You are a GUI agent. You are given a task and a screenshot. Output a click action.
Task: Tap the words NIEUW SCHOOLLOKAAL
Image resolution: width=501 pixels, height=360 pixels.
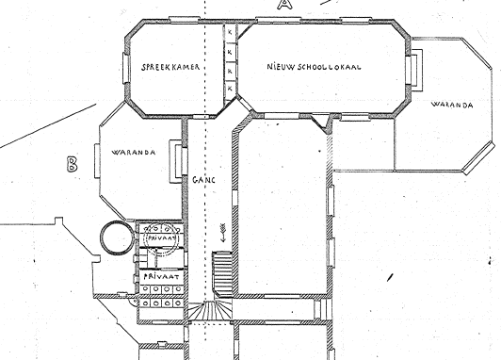315,67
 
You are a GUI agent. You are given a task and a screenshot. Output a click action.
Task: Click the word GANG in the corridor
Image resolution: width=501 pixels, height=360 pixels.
204,177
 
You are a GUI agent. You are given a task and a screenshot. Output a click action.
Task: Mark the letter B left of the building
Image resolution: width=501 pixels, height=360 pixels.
72,165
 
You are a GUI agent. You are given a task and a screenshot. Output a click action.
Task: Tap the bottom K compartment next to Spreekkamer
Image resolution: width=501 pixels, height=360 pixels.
230,88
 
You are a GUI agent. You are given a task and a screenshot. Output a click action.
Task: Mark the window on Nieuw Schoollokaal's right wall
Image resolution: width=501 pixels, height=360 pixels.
415,67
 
